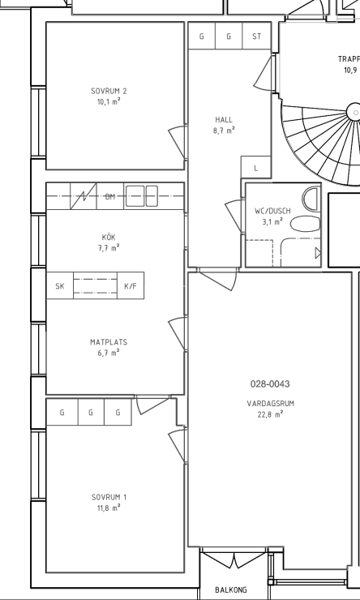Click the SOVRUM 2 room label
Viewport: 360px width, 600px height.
point(109,91)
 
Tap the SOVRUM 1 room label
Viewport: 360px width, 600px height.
point(109,497)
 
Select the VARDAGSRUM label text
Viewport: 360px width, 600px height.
point(271,403)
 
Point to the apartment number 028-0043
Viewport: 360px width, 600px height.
point(270,384)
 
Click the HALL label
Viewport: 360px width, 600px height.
point(224,120)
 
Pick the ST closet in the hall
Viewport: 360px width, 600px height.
point(257,36)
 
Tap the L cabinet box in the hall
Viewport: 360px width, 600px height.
point(256,167)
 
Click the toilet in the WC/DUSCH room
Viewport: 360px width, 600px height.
point(305,224)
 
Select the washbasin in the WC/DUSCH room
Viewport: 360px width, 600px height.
point(311,199)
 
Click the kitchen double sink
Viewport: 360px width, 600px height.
point(142,196)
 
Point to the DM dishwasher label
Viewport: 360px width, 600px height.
point(110,197)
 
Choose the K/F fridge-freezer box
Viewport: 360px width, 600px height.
point(131,285)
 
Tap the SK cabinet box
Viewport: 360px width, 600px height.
point(60,285)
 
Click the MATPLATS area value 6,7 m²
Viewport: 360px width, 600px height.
point(109,353)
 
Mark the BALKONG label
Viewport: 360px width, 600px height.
point(231,589)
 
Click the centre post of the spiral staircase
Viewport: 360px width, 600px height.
point(354,113)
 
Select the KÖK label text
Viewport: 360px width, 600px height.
point(109,238)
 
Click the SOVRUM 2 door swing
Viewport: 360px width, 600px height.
point(177,142)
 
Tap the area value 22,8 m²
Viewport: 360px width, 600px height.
point(271,414)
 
